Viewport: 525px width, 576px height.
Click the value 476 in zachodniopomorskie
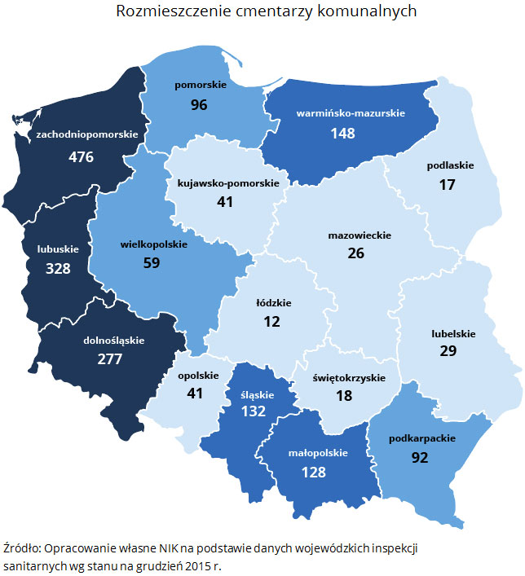point(82,156)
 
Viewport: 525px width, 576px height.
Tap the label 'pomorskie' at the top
point(198,84)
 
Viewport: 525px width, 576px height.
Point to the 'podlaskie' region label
point(450,165)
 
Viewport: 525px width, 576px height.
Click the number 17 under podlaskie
point(448,185)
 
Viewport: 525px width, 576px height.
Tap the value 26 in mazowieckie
point(356,253)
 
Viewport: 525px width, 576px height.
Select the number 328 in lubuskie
point(59,269)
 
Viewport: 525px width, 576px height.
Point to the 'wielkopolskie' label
point(154,244)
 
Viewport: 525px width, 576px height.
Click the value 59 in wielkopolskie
point(152,263)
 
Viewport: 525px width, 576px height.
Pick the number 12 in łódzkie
point(272,322)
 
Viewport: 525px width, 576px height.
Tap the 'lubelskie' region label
point(453,332)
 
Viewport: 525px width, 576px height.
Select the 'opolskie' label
point(198,376)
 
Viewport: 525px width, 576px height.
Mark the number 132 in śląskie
point(254,411)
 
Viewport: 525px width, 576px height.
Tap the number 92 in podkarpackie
point(420,458)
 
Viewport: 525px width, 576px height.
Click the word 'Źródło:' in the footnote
point(24,547)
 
